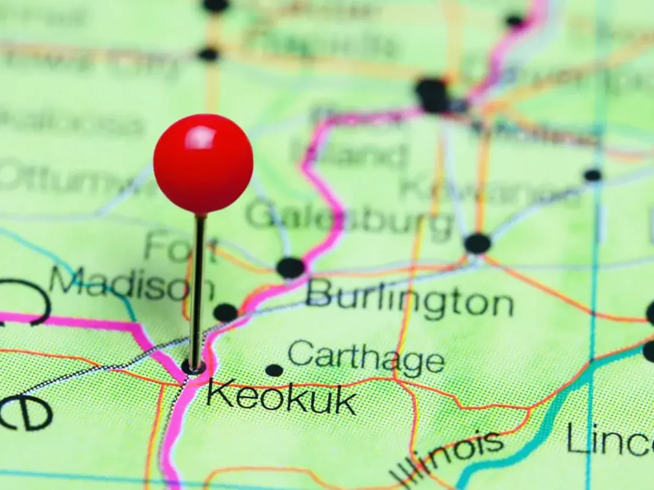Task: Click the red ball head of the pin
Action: (203, 163)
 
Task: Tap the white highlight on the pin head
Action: (201, 137)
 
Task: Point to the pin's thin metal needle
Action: (197, 289)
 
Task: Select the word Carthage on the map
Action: (366, 357)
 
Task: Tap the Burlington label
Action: (409, 300)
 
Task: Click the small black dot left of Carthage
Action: (274, 370)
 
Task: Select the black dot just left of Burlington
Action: (290, 268)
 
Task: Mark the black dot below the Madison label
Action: (225, 313)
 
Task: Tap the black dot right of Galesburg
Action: (477, 243)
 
